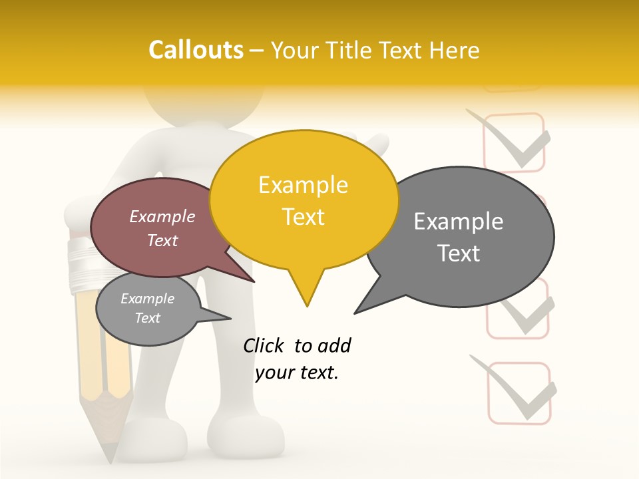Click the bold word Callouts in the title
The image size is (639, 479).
click(196, 50)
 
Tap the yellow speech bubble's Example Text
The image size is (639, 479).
click(304, 201)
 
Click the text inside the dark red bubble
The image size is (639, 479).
click(162, 228)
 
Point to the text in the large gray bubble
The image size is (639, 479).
click(459, 237)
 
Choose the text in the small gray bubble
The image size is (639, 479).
click(148, 308)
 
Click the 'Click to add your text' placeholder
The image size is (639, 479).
click(297, 359)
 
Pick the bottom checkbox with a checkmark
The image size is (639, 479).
click(519, 393)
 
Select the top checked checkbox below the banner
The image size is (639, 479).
click(514, 142)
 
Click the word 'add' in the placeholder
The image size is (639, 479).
click(334, 345)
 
